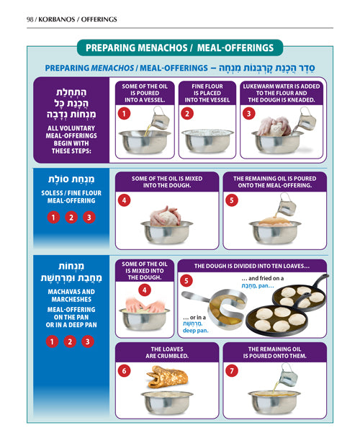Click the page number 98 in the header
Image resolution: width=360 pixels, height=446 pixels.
[30, 19]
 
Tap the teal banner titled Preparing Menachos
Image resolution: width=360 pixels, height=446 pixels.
[180, 48]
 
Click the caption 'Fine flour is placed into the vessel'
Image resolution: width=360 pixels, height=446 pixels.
[207, 93]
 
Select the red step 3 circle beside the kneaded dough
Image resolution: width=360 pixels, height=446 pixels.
[248, 114]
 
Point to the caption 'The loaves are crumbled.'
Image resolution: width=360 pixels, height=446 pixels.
[167, 352]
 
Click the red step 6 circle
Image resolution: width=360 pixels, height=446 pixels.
[124, 371]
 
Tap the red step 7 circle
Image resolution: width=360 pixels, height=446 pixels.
[232, 371]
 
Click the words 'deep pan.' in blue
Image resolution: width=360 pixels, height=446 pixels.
[196, 331]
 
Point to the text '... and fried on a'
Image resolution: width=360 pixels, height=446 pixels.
[263, 278]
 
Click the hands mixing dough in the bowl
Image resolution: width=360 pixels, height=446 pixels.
[145, 305]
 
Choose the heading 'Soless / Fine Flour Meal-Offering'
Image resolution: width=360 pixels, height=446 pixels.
[71, 197]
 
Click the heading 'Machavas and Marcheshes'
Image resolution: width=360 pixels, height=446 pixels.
[71, 295]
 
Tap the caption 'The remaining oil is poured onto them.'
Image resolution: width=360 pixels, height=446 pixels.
[275, 352]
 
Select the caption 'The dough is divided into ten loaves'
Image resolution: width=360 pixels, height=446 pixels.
[252, 267]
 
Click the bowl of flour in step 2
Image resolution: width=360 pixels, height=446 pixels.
[207, 141]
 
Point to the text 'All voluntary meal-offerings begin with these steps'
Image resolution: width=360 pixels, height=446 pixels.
[71, 139]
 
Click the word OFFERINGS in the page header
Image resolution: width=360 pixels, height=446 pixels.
[99, 19]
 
